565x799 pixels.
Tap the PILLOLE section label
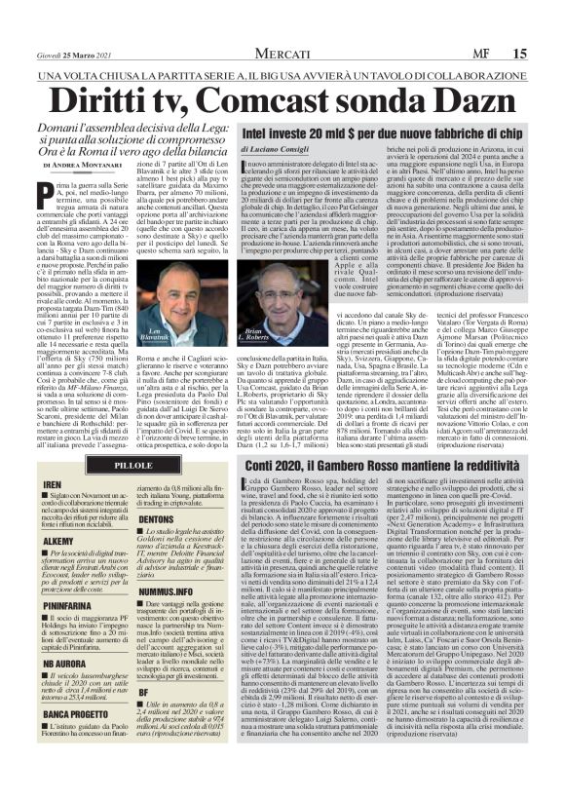click(x=136, y=467)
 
